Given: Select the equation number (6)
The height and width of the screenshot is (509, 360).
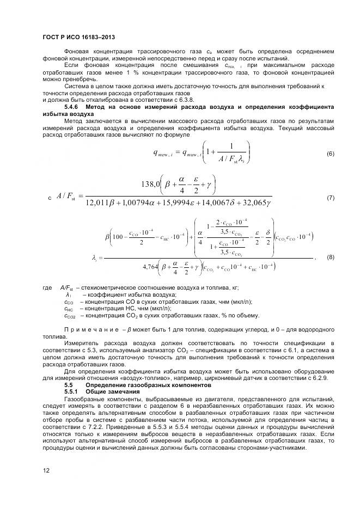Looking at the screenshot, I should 330,154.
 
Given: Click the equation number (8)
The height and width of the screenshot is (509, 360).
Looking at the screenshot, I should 330,256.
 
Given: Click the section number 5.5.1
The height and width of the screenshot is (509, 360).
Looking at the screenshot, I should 74,391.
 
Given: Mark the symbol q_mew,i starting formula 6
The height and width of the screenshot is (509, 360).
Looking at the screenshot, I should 165,154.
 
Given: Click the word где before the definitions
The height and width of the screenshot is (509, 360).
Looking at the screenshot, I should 47,287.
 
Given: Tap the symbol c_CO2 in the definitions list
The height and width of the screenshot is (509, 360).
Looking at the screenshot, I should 70,316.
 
